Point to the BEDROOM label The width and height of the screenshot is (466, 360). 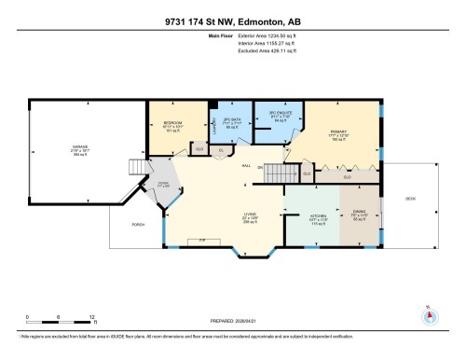[x=172, y=122]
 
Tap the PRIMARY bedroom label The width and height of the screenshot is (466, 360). [x=336, y=132]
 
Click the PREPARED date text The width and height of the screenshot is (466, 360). [x=232, y=324]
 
